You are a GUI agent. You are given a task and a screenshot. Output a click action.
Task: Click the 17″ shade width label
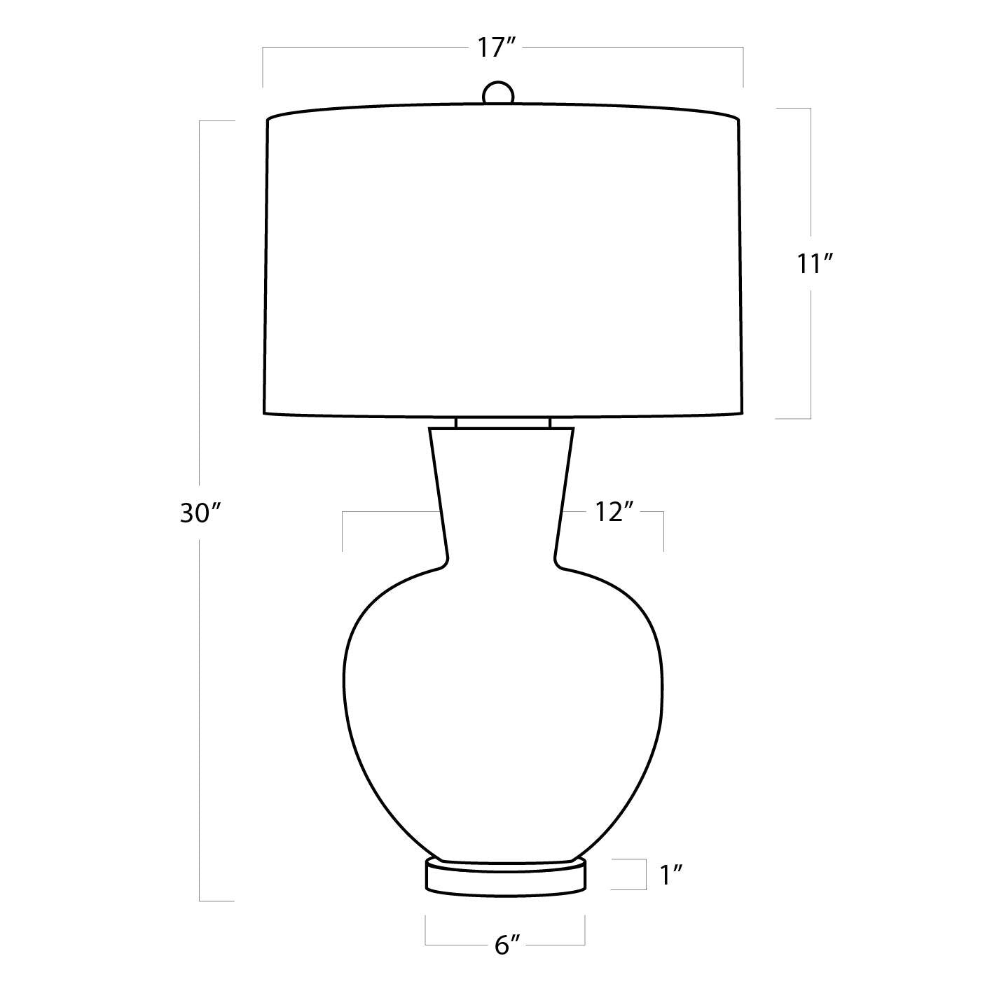point(497,48)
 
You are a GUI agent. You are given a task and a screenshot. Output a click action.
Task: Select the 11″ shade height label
point(813,264)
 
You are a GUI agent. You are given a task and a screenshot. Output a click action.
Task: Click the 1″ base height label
point(672,875)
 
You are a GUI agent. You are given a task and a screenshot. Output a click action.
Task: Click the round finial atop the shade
point(498,92)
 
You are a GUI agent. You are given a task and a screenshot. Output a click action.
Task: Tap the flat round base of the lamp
point(505,879)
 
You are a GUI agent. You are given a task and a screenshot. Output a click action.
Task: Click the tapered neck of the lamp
point(501,496)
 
